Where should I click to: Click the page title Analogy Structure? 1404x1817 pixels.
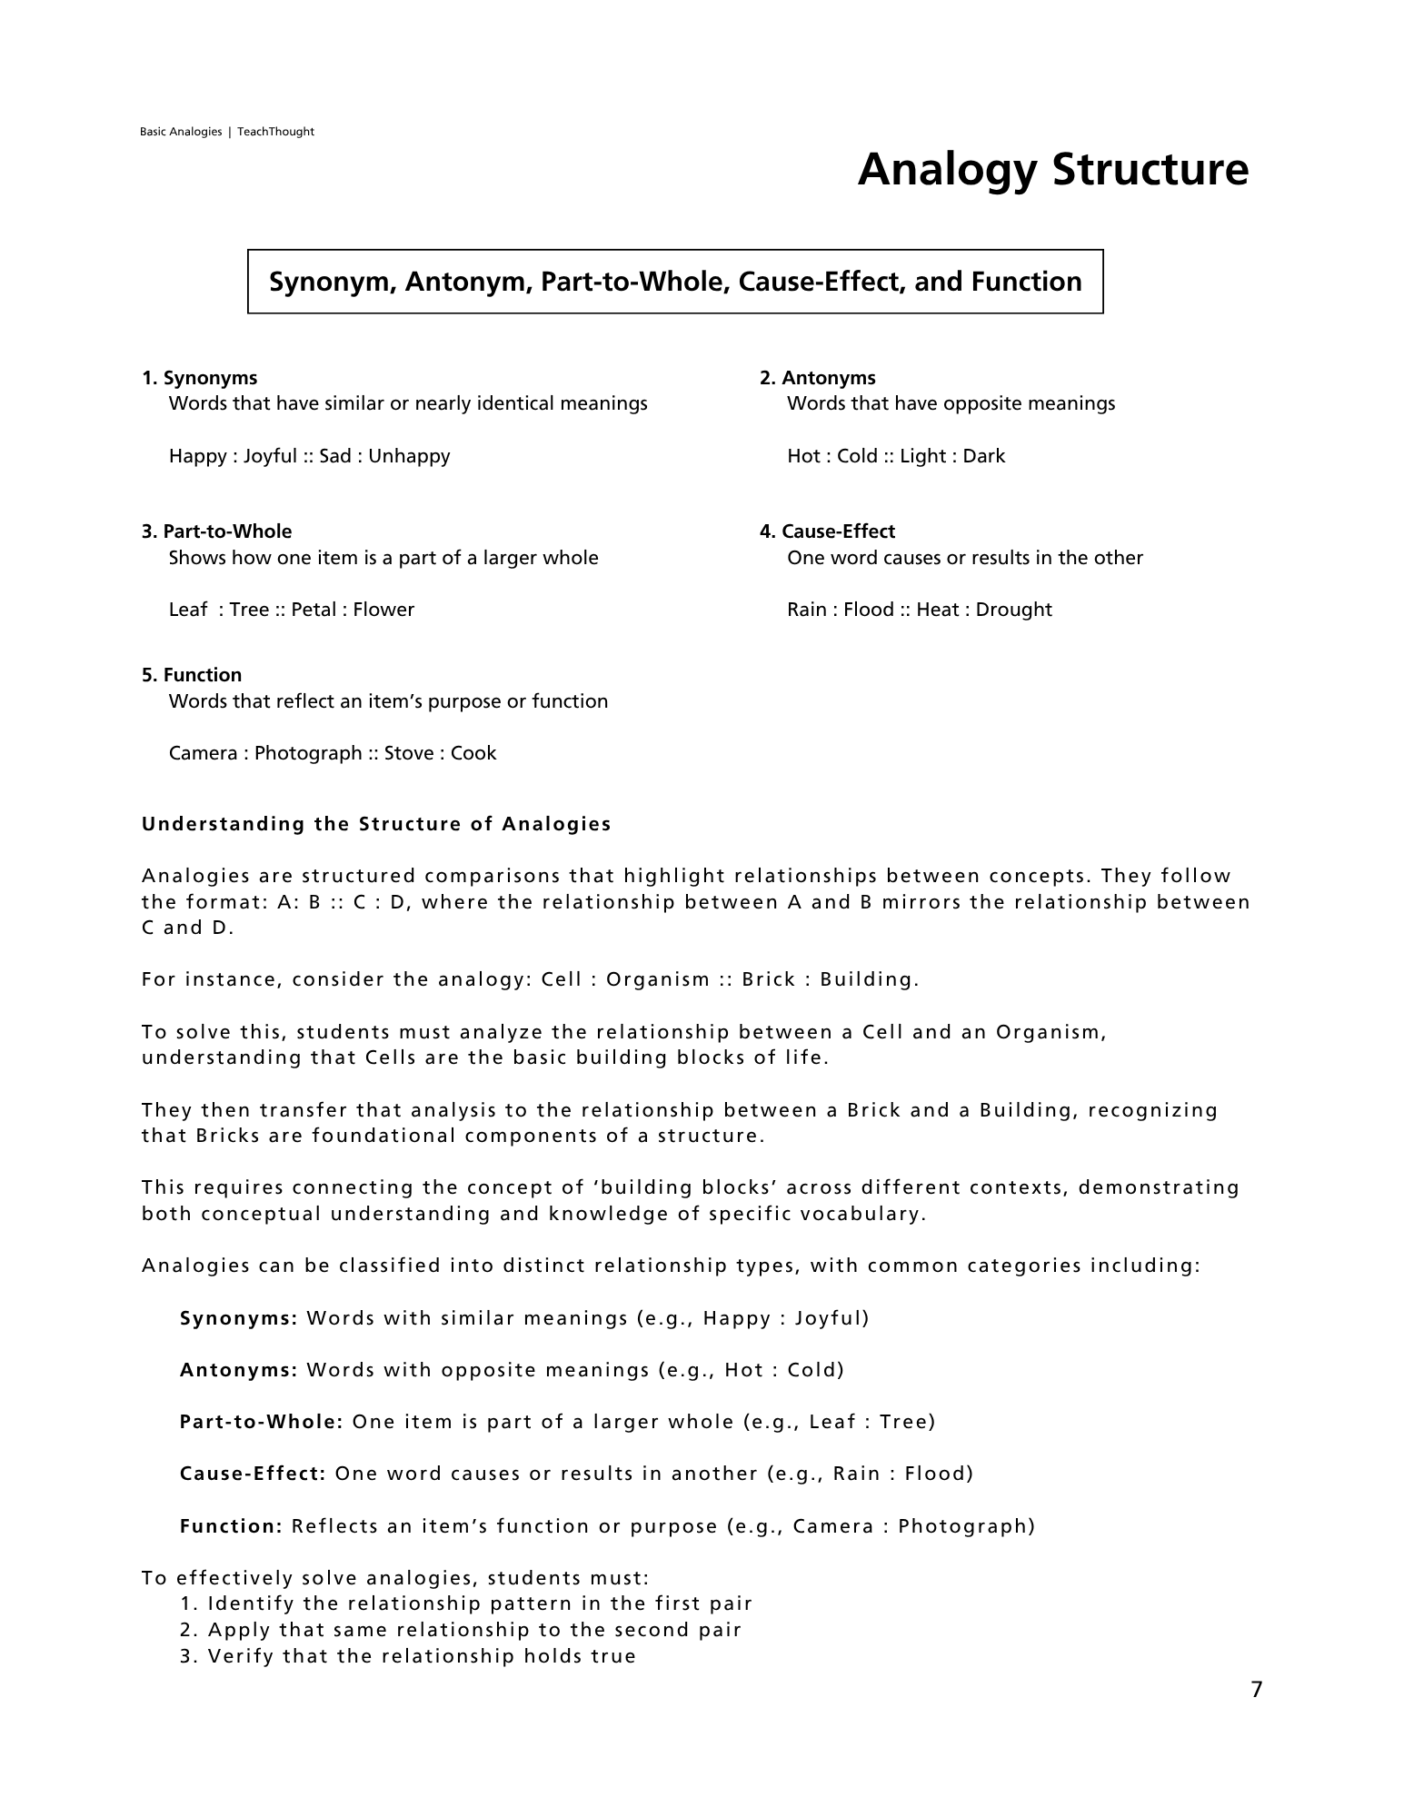(1052, 170)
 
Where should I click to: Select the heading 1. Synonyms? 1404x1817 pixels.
(200, 378)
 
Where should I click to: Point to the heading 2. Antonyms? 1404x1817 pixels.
(818, 378)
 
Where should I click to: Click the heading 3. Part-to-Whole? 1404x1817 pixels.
(217, 531)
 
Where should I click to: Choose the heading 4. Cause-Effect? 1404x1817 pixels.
(827, 531)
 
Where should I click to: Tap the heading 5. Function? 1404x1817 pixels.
(192, 675)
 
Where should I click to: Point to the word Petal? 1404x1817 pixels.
(314, 610)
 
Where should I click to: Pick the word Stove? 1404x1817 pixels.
(408, 753)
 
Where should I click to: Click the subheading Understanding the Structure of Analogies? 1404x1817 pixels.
(376, 824)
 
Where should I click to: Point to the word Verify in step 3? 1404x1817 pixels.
(241, 1656)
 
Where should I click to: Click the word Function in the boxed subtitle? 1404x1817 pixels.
(1026, 282)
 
